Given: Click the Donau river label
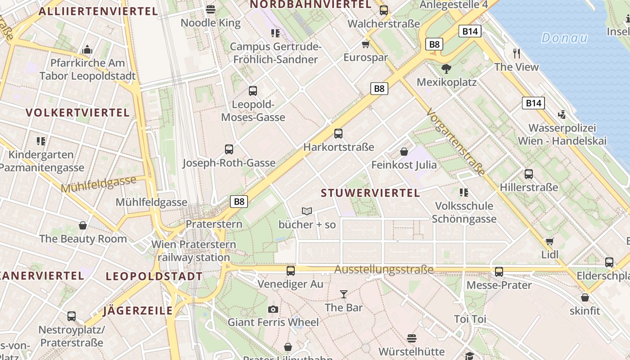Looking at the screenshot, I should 564,38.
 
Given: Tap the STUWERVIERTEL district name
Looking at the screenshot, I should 370,193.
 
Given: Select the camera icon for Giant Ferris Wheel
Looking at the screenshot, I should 273,309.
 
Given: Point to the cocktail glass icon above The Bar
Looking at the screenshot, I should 344,294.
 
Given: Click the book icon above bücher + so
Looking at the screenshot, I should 307,211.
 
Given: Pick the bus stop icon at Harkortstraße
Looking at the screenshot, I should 338,134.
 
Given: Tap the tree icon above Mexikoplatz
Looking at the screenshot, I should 446,69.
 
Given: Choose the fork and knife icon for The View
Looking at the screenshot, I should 517,54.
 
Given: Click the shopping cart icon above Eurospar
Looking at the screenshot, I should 365,44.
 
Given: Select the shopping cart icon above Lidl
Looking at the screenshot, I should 549,241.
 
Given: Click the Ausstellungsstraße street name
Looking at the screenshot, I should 384,270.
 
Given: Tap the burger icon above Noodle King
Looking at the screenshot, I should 211,9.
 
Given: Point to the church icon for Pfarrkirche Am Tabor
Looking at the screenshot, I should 87,49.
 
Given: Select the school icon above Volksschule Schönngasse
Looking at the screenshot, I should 464,193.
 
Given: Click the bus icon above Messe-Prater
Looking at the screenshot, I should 499,272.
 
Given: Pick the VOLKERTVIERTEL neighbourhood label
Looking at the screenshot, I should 78,112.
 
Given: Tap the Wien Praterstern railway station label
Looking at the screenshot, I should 193,251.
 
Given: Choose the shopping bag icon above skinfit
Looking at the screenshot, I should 585,297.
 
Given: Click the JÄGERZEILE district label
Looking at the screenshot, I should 138,310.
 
